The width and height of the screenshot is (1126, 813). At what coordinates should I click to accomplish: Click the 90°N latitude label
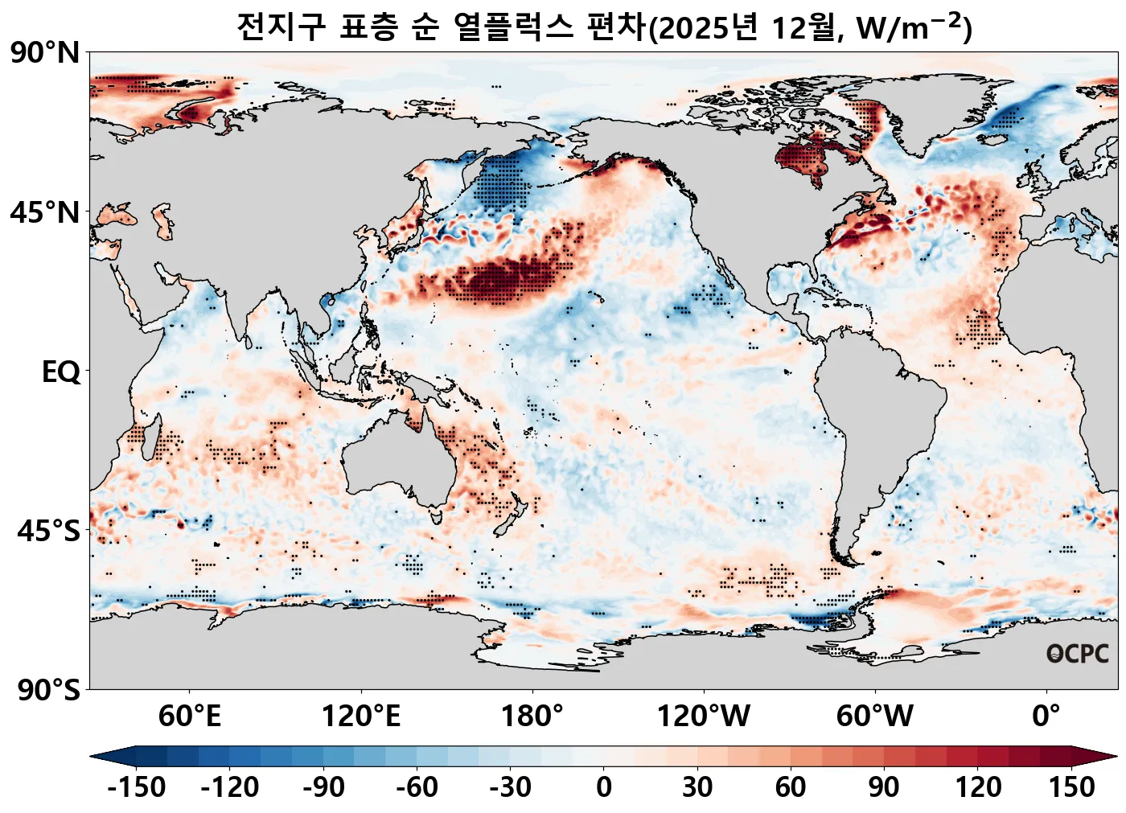click(45, 53)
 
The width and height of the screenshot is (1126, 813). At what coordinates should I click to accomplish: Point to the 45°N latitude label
click(45, 213)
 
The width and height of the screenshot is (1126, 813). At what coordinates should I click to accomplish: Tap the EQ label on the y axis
click(61, 372)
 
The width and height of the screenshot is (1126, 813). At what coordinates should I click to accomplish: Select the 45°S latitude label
click(48, 532)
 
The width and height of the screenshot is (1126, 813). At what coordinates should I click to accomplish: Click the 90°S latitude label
click(48, 690)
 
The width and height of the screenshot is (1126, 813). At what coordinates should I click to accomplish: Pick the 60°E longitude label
click(189, 715)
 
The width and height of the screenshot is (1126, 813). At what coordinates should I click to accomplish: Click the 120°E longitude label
click(360, 715)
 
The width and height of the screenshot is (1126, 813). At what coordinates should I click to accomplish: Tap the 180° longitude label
click(532, 715)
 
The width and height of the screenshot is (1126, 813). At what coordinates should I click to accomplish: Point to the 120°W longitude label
click(703, 715)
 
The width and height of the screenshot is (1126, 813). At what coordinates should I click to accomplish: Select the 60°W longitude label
click(874, 715)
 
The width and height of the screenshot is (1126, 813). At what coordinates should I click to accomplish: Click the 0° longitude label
click(1046, 715)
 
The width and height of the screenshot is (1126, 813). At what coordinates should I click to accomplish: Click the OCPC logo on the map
click(1077, 654)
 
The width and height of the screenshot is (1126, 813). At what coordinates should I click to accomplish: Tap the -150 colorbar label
click(136, 786)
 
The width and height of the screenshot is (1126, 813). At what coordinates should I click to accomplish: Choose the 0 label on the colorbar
click(604, 786)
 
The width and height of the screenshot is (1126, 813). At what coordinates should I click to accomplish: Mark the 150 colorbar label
click(1071, 786)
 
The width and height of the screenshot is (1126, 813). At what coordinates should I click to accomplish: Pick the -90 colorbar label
click(323, 786)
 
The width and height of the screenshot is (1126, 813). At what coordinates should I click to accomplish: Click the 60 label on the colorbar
click(791, 786)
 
